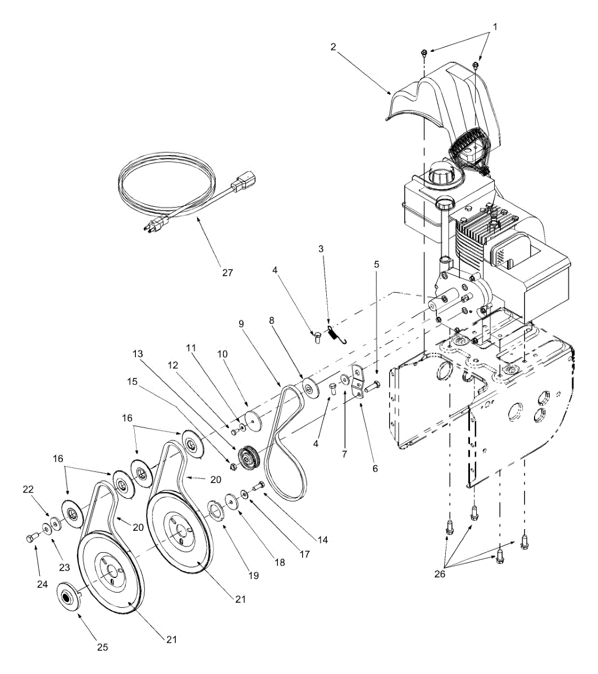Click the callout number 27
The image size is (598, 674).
point(226,272)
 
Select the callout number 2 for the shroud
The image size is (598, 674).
point(333,47)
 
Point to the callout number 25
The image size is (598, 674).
point(102,647)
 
